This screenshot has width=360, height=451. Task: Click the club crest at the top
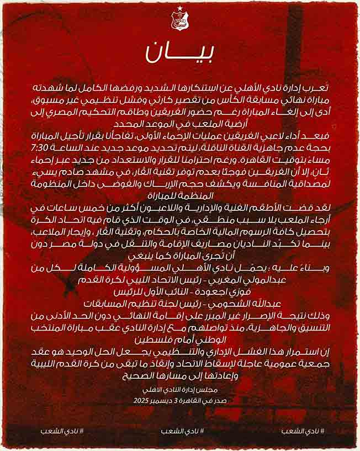(x=180, y=22)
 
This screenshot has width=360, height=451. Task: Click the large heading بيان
(x=180, y=51)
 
